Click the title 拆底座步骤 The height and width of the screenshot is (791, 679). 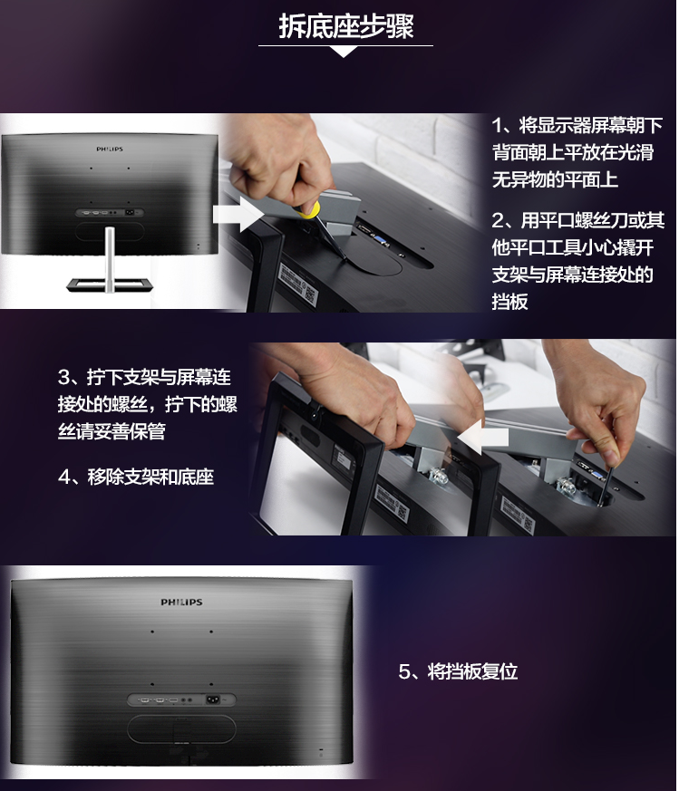345,27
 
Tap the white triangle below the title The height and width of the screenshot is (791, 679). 344,52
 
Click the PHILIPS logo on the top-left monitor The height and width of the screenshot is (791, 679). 110,149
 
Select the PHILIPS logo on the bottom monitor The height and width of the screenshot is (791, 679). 181,602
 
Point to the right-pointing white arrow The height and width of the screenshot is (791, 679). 238,215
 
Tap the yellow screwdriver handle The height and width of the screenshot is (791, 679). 308,210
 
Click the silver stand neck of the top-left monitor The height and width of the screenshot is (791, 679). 110,258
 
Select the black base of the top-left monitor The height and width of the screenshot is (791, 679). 110,285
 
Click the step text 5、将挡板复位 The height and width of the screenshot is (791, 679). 458,671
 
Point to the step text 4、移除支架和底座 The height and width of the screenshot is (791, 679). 136,477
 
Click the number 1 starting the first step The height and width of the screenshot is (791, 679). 498,126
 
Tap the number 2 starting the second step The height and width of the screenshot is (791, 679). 499,220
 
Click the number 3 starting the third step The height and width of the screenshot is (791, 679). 63,377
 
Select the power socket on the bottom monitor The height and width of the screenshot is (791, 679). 212,699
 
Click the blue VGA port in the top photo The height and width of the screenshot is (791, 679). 380,240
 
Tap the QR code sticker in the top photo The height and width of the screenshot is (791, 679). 310,295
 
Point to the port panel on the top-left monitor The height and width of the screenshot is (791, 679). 110,212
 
